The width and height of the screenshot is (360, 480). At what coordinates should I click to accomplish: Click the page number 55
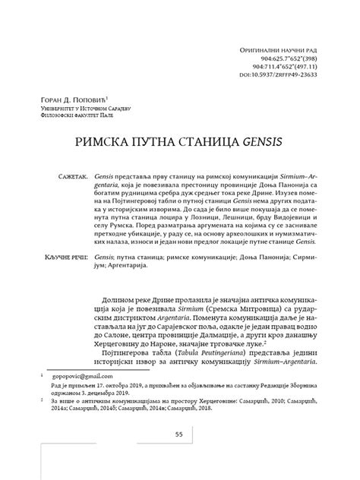click(180, 455)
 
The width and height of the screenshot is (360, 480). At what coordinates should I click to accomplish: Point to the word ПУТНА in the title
click(157, 142)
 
